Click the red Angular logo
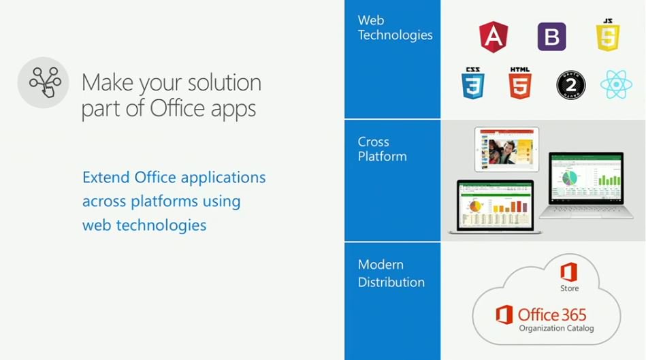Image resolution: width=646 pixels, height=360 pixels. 494,37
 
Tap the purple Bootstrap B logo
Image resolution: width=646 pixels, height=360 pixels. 551,37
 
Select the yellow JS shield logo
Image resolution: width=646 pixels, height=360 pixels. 608,35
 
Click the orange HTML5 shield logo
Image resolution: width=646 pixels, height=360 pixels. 519,84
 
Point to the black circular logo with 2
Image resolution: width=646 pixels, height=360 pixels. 570,85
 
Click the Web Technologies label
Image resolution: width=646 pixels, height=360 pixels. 395,27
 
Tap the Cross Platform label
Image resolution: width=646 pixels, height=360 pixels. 382,149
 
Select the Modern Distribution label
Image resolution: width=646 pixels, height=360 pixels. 391,273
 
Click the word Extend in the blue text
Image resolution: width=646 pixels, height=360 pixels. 106,178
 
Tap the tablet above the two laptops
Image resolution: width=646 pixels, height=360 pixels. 506,149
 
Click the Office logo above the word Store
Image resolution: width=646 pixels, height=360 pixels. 569,272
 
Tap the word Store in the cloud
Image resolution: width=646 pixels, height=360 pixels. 570,289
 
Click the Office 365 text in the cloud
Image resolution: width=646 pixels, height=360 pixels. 551,314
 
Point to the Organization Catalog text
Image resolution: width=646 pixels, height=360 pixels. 556,329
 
